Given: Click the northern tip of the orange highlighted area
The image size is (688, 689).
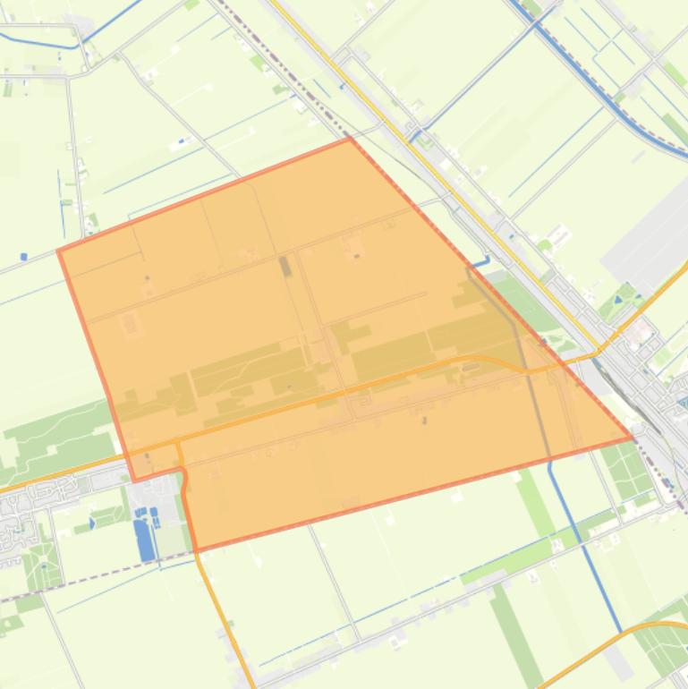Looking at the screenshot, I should tap(350, 139).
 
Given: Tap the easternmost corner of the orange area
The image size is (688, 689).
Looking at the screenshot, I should tap(633, 438).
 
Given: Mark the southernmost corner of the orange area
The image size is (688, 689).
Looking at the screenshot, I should tap(195, 549).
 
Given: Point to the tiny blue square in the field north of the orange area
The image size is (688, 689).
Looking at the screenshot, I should tap(182, 140).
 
